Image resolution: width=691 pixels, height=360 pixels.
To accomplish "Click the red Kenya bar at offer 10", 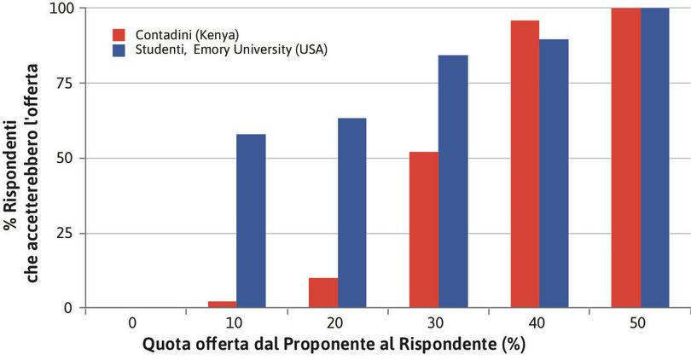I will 223,305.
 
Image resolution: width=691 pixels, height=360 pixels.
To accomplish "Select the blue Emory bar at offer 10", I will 251,221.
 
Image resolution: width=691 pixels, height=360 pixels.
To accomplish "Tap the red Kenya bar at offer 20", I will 323,293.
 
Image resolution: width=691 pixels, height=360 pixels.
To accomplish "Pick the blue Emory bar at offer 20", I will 351,212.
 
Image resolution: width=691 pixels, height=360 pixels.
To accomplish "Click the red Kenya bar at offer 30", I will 424,229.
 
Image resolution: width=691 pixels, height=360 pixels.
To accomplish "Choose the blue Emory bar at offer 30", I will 453,181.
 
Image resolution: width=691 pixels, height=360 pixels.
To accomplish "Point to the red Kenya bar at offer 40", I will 525,164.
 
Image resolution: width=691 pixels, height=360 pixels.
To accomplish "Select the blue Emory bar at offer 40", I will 554,173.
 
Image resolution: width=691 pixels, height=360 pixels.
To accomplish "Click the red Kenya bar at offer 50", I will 626,158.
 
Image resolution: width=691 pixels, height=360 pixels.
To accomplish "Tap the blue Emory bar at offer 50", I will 654,158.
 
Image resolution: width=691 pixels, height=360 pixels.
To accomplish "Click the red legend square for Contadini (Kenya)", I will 119,35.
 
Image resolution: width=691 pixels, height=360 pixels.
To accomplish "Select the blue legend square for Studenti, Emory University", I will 119,49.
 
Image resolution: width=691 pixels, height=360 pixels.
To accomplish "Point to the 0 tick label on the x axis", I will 132,324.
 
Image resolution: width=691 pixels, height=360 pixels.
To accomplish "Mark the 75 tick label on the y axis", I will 63,83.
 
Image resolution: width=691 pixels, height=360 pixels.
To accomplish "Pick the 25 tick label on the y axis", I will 63,233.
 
